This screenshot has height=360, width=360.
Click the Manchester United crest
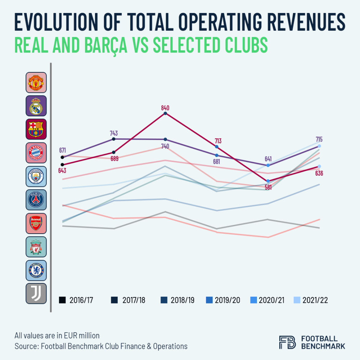coord(36,82)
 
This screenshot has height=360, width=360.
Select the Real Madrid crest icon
coord(36,105)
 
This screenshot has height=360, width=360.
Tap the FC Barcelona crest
coord(36,129)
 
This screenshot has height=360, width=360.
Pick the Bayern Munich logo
coord(36,153)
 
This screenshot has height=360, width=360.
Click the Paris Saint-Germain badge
coord(36,200)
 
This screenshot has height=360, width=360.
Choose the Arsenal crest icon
coord(36,223)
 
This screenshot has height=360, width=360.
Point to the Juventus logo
coord(36,293)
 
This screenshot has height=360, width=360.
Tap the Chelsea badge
coord(36,270)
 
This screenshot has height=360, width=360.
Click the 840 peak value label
coord(165,108)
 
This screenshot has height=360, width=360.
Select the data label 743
coord(114,133)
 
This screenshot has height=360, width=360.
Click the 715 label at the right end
coord(319,139)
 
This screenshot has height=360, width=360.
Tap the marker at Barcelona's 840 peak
coord(165,114)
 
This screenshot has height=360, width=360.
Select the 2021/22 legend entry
coord(310,300)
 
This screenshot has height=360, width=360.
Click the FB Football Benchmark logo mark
coord(287,342)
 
